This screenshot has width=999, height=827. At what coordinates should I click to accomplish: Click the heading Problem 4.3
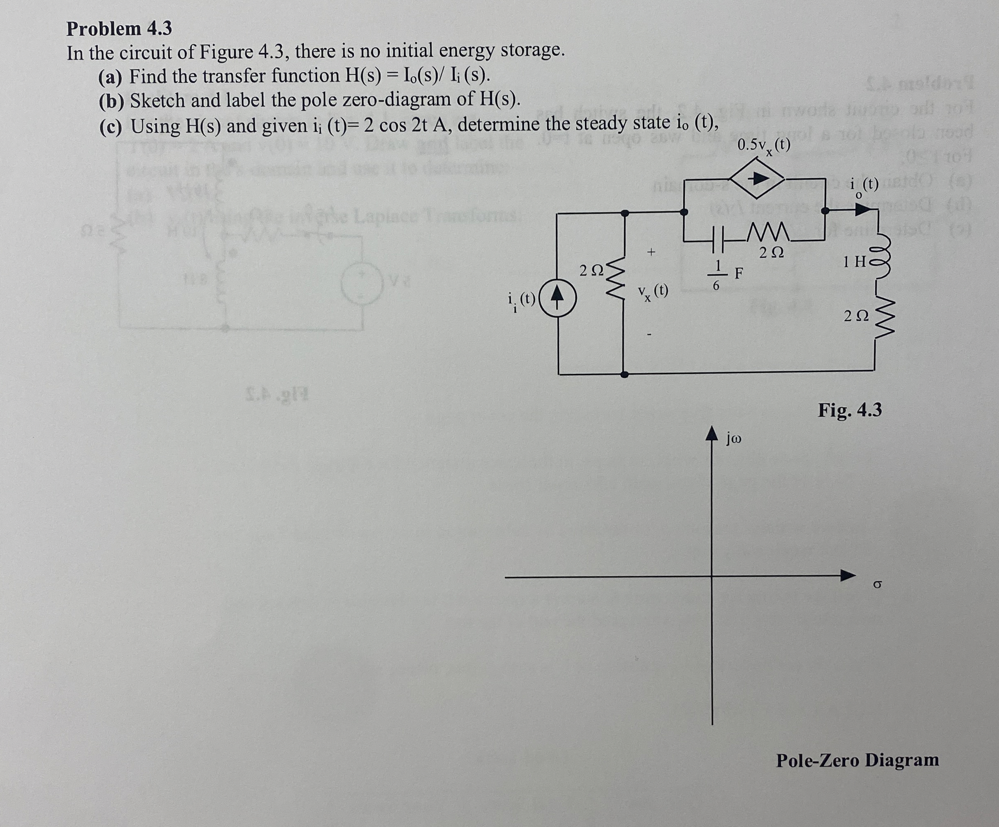[x=119, y=29]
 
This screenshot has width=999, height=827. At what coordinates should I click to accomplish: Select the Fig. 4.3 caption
[x=850, y=410]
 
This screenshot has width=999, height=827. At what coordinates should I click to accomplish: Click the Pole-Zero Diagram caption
[x=857, y=759]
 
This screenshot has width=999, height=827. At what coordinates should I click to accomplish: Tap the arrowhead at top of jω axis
[x=711, y=433]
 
